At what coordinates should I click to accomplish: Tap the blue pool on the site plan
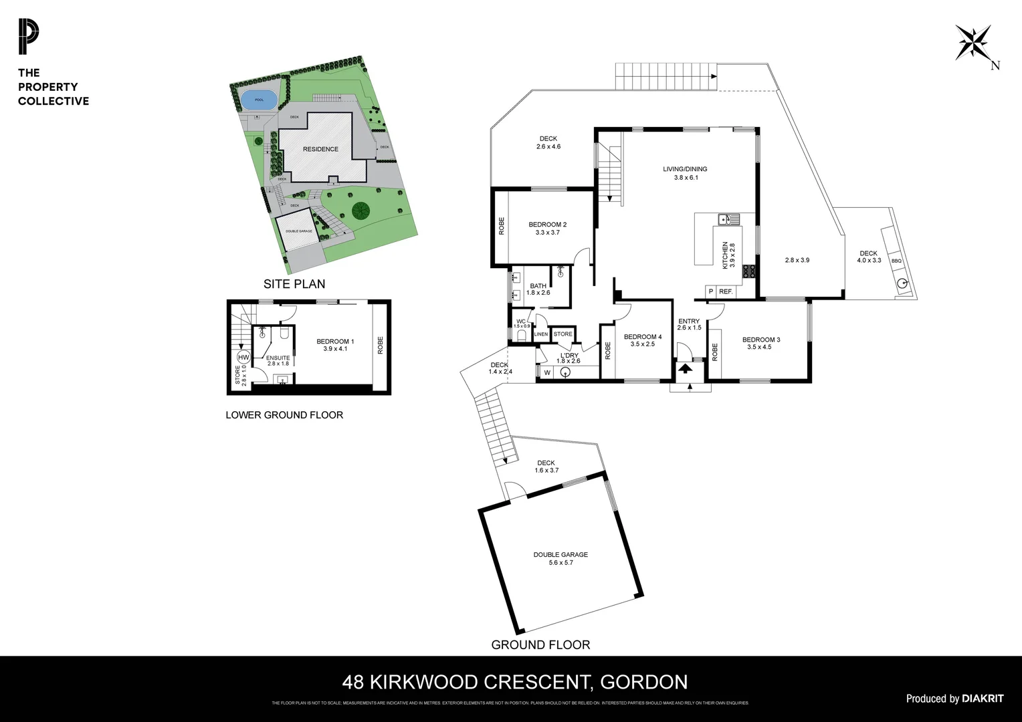coord(259,100)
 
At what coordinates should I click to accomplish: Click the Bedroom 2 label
coord(547,225)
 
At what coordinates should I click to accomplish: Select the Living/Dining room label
coord(685,169)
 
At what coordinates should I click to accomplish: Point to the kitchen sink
coord(725,219)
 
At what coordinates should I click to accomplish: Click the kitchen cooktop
coord(749,271)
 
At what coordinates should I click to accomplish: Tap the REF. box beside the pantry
coord(726,291)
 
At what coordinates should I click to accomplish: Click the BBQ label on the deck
coord(896,261)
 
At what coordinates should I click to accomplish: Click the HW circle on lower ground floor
coord(243,357)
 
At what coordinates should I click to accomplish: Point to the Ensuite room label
coord(278,358)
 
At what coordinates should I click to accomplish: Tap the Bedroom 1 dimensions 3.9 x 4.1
coord(334,349)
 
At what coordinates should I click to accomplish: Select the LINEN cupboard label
coord(541,334)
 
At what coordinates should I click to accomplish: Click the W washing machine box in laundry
coord(546,372)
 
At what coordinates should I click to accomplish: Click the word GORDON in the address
coord(644,682)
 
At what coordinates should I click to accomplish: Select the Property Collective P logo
coord(29,37)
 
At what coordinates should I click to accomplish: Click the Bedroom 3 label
coord(761,340)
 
